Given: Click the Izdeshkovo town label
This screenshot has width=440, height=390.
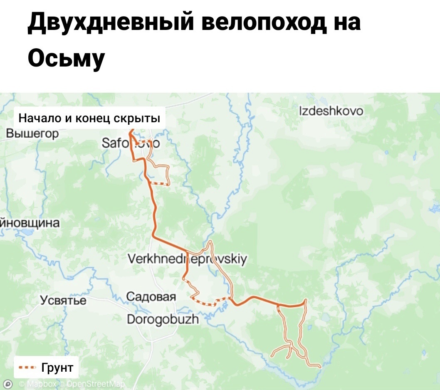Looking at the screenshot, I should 331,111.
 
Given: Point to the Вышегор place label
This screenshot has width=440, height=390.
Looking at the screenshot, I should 27,134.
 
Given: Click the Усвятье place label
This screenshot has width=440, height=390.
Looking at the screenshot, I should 63,301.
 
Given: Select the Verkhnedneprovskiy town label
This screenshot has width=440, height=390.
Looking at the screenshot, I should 187,259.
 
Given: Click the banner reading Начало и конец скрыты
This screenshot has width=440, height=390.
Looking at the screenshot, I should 89,118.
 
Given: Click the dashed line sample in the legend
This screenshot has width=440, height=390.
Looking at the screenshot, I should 28,368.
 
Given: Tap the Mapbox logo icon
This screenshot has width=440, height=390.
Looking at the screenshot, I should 7,384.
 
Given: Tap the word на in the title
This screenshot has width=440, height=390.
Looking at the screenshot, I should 346,22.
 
